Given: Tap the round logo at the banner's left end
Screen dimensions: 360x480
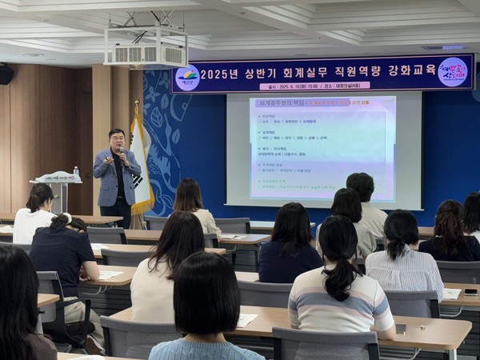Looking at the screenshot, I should tap(187, 77).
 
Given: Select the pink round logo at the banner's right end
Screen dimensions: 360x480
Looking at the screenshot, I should tap(453, 71).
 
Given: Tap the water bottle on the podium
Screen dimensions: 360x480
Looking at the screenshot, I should tap(76, 172).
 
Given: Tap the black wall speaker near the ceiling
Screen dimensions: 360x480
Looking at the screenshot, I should tap(6, 74).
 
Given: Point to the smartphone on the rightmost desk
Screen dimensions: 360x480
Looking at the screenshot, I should tap(470, 292).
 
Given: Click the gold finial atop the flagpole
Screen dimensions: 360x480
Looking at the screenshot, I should tap(137, 105).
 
